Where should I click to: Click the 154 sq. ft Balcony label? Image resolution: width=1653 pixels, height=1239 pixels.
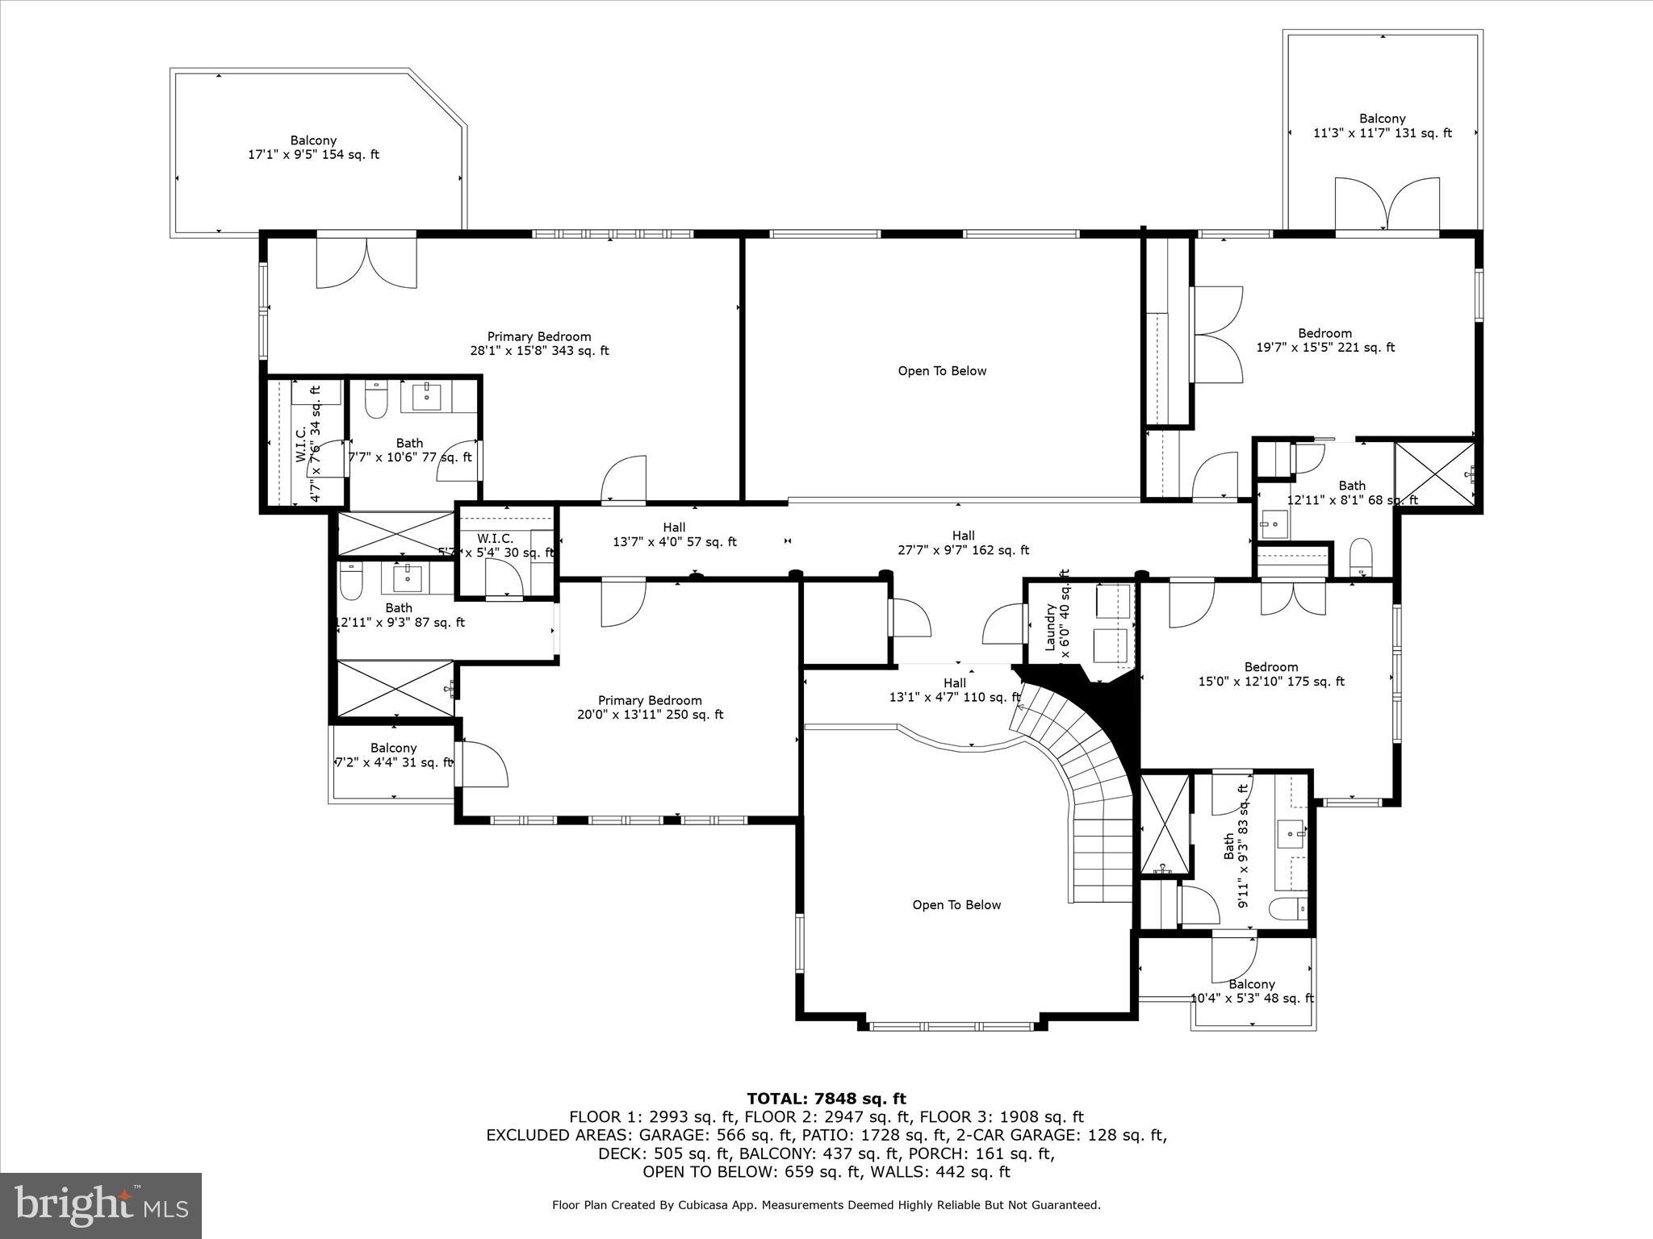pyautogui.click(x=313, y=148)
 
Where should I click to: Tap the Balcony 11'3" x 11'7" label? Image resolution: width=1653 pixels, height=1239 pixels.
pyautogui.click(x=1382, y=126)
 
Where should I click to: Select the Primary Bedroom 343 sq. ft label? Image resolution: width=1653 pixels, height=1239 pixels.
pyautogui.click(x=539, y=344)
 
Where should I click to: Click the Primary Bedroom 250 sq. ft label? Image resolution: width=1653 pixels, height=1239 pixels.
pyautogui.click(x=650, y=707)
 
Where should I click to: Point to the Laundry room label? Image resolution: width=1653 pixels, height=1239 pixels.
pyautogui.click(x=1057, y=618)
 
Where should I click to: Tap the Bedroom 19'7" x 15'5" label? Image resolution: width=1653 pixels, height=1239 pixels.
pyautogui.click(x=1324, y=340)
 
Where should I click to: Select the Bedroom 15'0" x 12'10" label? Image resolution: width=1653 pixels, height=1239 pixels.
pyautogui.click(x=1271, y=674)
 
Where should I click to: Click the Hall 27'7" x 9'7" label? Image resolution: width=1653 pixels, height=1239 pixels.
pyautogui.click(x=963, y=543)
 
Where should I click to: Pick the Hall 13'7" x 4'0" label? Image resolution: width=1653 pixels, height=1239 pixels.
pyautogui.click(x=674, y=535)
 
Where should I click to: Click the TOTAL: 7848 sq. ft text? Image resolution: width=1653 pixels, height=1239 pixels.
pyautogui.click(x=826, y=1099)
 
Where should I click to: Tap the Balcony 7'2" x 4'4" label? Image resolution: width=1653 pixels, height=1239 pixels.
pyautogui.click(x=393, y=755)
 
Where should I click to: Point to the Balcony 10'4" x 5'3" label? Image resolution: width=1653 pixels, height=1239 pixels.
pyautogui.click(x=1252, y=991)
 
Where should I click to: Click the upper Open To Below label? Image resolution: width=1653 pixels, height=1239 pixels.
pyautogui.click(x=942, y=371)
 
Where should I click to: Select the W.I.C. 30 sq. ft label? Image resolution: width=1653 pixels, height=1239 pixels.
pyautogui.click(x=496, y=545)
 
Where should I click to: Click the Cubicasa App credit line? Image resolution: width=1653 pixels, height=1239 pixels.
pyautogui.click(x=826, y=1205)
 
